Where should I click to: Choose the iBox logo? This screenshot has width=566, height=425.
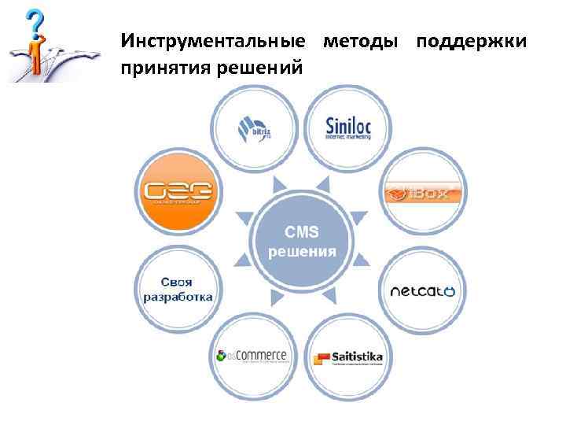[424, 191]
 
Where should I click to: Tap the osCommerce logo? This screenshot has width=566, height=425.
[251, 357]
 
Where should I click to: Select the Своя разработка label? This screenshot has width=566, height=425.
[178, 290]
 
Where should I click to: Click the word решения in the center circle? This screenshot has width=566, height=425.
[302, 252]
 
